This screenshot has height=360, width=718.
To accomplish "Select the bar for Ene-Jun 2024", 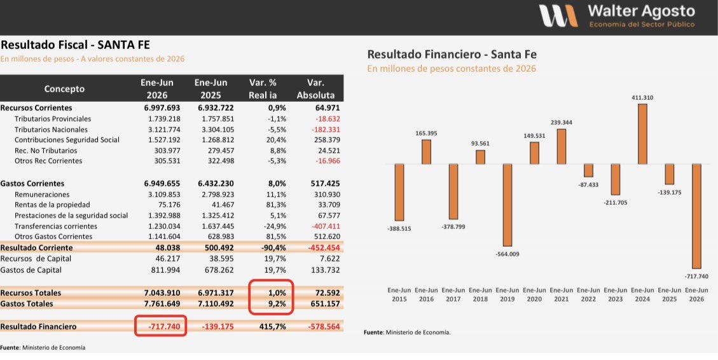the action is point(642,134).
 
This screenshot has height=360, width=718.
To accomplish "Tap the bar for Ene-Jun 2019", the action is point(507,205).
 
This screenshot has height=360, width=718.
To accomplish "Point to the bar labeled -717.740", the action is point(696,216).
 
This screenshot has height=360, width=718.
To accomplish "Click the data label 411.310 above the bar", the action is point(642,97).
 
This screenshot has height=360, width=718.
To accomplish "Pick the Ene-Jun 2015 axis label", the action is point(399,294).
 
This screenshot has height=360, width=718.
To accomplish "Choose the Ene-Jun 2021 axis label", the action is point(562,294).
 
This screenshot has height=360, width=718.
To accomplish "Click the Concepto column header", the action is point(64,89).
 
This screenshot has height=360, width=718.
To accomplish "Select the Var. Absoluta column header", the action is point(315,89).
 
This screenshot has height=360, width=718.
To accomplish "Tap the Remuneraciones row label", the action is point(42,195).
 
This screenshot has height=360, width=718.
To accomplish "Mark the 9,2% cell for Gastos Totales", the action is point(277,303).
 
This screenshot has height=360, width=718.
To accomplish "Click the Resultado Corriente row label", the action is point(36,248).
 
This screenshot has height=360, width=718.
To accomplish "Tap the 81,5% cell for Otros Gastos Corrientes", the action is point(276,237).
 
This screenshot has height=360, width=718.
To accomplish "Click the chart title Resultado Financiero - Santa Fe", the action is point(452,55).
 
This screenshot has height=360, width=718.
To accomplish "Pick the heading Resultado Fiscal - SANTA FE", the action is point(75,45).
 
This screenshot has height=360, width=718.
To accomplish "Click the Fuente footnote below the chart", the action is point(407,333).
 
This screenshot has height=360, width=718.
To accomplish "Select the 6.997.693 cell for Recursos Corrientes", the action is point(162,108).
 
